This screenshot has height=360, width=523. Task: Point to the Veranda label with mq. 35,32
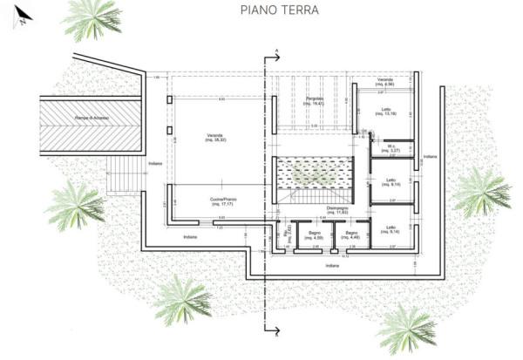(x=215, y=138)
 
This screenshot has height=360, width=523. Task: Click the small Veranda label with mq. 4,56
(x=385, y=83)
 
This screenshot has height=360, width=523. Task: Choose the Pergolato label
(x=315, y=101)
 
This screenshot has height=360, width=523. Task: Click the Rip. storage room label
(x=288, y=235)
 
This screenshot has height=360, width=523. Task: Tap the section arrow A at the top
(x=275, y=54)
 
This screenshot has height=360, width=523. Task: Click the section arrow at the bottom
(x=275, y=331)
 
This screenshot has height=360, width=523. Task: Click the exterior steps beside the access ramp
(x=123, y=174)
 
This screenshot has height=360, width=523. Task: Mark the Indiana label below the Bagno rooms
(x=331, y=265)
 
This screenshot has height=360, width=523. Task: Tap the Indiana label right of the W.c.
(x=429, y=157)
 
